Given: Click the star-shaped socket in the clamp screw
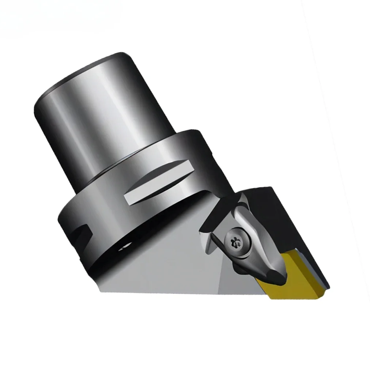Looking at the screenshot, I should point(233,242).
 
